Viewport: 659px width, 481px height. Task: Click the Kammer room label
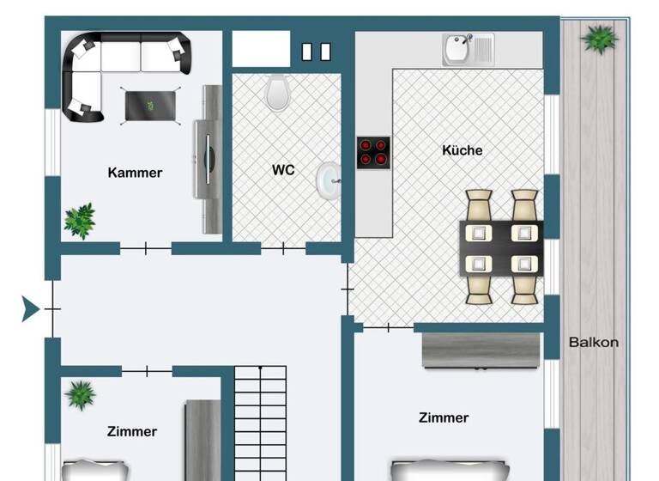(135, 173)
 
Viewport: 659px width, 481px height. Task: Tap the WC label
(283, 170)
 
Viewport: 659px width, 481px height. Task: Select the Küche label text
(462, 150)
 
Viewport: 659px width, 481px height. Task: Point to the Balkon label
(593, 342)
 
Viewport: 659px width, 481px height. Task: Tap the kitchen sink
(468, 49)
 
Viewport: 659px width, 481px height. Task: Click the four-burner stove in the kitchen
(373, 152)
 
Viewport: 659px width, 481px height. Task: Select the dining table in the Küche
(502, 247)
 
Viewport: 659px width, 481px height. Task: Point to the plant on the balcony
(599, 38)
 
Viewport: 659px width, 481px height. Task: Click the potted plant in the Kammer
(80, 220)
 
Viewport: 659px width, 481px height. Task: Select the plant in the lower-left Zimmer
(81, 394)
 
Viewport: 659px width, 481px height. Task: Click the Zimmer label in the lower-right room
(444, 418)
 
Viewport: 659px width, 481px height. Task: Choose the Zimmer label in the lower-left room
(132, 431)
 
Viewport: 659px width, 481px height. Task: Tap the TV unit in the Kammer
(209, 159)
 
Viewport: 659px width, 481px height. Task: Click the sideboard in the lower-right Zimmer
(482, 350)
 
